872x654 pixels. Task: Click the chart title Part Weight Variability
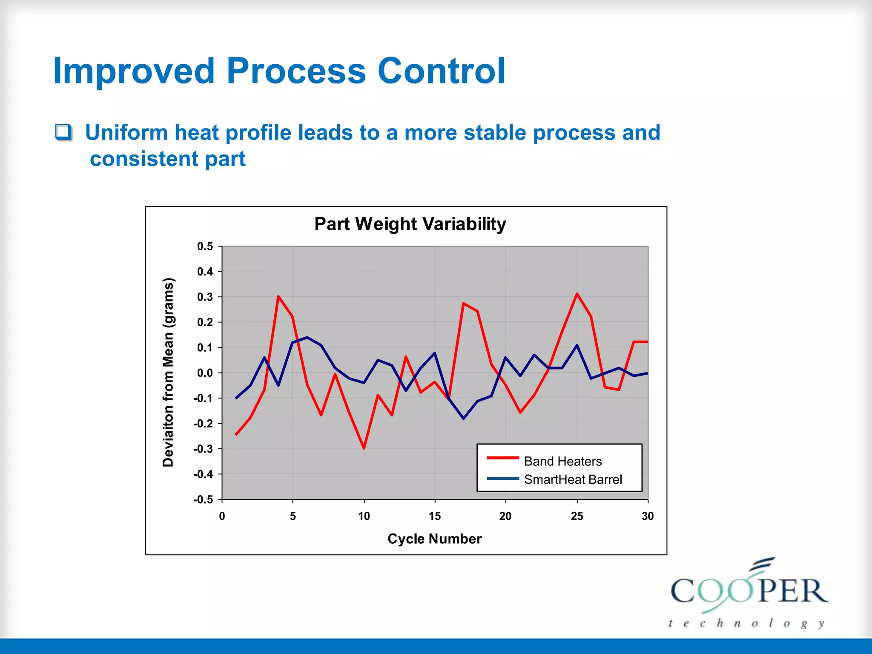click(x=410, y=224)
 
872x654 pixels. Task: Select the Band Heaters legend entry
click(x=562, y=461)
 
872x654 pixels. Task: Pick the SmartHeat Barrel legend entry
click(x=573, y=479)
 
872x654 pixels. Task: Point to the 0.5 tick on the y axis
click(x=205, y=247)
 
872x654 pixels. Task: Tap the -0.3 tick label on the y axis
click(x=203, y=449)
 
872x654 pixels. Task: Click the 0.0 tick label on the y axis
click(x=205, y=373)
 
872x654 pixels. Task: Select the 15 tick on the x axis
click(x=434, y=516)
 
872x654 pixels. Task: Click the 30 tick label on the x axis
click(x=647, y=516)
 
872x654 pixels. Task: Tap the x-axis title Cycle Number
click(x=434, y=539)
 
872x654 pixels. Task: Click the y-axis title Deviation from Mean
click(x=168, y=373)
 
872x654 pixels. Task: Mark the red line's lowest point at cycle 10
click(x=364, y=448)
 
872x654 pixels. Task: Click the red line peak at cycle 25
click(x=577, y=294)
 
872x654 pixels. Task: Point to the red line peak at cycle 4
click(x=278, y=296)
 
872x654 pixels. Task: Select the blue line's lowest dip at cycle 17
click(x=463, y=419)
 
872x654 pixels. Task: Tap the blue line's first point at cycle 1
click(x=236, y=398)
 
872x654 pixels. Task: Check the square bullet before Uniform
click(x=63, y=132)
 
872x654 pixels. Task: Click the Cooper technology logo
click(x=749, y=594)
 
